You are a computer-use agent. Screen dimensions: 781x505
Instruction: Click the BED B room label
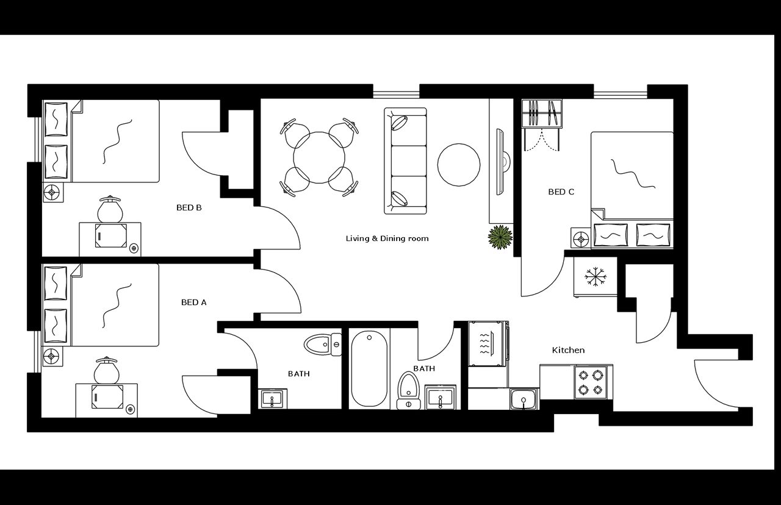tap(189, 207)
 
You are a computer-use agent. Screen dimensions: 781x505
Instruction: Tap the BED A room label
tap(194, 302)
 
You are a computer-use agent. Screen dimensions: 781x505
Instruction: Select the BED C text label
tap(561, 192)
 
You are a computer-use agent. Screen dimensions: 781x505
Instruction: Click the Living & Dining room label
tap(387, 238)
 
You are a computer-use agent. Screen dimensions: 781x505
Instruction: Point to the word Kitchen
tap(568, 350)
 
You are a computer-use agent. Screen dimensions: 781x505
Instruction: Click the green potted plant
tap(500, 237)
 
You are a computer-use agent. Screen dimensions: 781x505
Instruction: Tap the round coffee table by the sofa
tap(459, 164)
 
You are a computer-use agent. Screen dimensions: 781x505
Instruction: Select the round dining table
tap(319, 157)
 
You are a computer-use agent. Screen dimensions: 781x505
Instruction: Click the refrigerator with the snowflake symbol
tap(595, 278)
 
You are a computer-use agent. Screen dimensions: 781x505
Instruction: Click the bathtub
tap(369, 369)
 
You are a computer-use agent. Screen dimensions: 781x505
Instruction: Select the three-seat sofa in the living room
tap(405, 161)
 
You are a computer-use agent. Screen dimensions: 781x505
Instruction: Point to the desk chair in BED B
tap(110, 210)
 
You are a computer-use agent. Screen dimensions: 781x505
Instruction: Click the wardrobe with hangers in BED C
tap(541, 115)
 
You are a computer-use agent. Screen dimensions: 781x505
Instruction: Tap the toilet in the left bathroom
tap(323, 345)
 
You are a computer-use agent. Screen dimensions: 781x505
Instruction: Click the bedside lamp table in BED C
tap(581, 238)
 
